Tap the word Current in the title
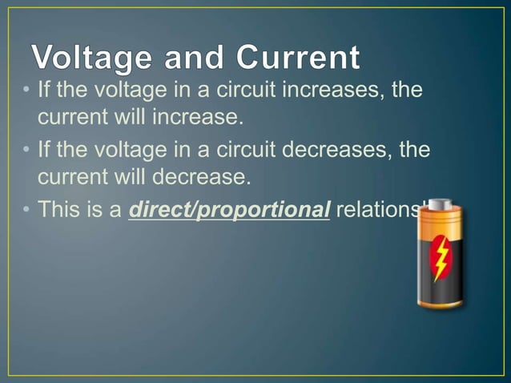296,58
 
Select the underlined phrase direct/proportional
230,211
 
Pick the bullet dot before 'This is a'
26,211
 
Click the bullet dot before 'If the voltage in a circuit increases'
26,89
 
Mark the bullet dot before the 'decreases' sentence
26,150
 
